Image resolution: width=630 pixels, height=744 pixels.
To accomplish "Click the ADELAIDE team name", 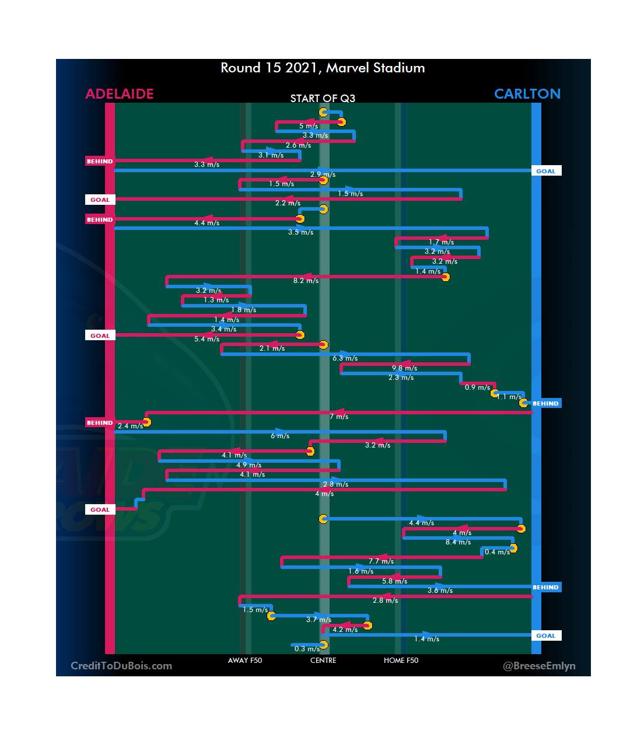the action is (120, 94).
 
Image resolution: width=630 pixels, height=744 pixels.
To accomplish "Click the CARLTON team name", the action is (527, 94).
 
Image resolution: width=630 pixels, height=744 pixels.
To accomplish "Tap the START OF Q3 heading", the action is (323, 99).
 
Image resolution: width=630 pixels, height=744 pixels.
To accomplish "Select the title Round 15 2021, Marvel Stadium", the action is (323, 68).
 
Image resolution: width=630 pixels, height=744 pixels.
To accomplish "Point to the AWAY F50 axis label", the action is (245, 661).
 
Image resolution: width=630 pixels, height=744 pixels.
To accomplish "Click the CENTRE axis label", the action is (323, 661).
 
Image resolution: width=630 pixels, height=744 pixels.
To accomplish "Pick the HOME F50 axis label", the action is (401, 661).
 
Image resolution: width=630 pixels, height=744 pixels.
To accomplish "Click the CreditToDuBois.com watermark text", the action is (121, 666).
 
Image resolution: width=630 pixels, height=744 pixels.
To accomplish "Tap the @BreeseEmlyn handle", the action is (539, 666).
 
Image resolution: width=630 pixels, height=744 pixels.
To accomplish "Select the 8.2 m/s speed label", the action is (306, 281).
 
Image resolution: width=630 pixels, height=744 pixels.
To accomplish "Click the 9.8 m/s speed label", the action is (404, 368).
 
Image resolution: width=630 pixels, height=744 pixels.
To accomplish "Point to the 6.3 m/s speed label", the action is (345, 358).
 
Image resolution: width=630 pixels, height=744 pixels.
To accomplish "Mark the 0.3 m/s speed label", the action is (307, 649).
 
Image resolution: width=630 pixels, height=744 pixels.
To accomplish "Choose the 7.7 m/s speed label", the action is (381, 561).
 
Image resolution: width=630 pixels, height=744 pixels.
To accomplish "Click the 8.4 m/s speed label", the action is (458, 542).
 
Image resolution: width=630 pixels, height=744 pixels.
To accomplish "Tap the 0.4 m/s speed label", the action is (497, 552).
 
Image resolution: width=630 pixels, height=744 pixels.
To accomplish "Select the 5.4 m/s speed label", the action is (207, 339).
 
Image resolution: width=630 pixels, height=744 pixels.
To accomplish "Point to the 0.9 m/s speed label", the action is (477, 387).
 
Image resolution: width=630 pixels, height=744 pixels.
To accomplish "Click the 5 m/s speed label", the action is (309, 126).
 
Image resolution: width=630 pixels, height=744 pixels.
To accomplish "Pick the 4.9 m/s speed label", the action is (249, 465).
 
